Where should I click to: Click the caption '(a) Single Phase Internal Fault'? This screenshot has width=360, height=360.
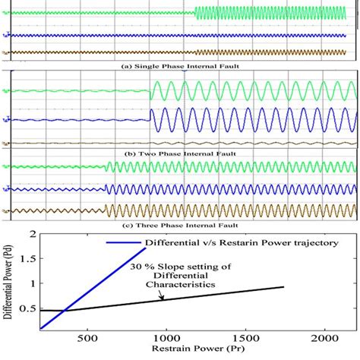(179, 66)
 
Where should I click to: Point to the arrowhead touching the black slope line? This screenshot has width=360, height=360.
(162, 300)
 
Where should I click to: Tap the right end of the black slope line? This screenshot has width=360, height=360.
(284, 286)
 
